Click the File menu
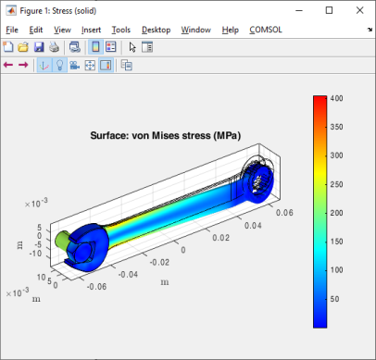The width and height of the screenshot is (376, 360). click(12, 30)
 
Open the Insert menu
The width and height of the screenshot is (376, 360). click(91, 30)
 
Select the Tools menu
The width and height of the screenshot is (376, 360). click(120, 30)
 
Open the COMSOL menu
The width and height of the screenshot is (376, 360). click(268, 30)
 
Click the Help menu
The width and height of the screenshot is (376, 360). click(231, 30)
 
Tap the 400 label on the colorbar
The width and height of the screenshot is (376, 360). click(337, 97)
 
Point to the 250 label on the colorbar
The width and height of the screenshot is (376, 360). click(337, 183)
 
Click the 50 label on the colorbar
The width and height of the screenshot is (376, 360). click(336, 299)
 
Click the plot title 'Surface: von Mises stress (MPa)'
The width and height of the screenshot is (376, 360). click(165, 135)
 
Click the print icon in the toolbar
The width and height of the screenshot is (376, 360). click(54, 47)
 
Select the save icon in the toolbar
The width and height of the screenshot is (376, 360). click(39, 47)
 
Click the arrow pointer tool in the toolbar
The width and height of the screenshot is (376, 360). click(132, 47)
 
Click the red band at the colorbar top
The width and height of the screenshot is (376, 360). click(320, 101)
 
